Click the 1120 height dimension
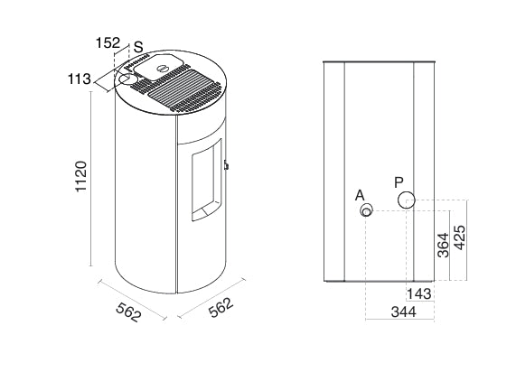(x=81, y=176)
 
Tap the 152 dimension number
(x=108, y=42)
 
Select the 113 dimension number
(x=80, y=79)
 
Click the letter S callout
(x=138, y=47)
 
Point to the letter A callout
(x=360, y=196)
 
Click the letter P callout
(x=399, y=182)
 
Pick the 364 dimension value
(x=443, y=245)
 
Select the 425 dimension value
(x=459, y=237)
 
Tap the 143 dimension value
(x=419, y=293)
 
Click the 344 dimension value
(x=403, y=312)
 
